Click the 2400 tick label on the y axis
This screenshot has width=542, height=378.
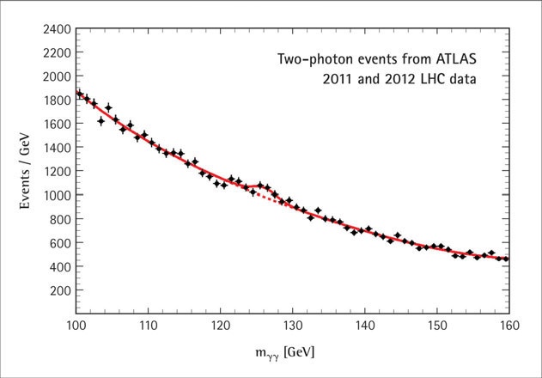[54, 29]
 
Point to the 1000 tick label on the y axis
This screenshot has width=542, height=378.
[54, 195]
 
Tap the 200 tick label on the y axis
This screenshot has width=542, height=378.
[58, 290]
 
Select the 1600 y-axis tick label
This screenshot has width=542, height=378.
[54, 124]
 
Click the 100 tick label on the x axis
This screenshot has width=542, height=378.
[76, 327]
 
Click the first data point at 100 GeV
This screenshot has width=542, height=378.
[77, 94]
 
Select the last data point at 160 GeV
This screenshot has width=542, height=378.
[506, 259]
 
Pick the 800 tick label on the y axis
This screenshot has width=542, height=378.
[58, 219]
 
